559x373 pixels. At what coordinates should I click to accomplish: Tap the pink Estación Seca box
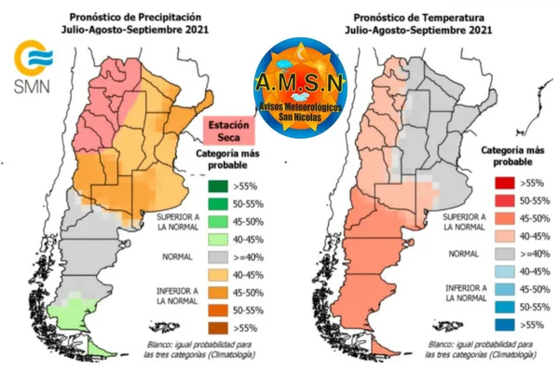pyautogui.click(x=228, y=131)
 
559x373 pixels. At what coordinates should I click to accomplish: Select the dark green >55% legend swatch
pyautogui.click(x=218, y=186)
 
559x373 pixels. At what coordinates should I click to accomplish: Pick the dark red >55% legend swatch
pyautogui.click(x=505, y=183)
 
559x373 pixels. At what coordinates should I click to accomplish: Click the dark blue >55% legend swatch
pyautogui.click(x=505, y=325)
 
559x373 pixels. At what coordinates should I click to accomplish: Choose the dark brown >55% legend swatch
pyautogui.click(x=218, y=328)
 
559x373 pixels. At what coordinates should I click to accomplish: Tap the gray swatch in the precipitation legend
pyautogui.click(x=218, y=257)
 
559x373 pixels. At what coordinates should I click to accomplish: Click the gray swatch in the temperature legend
pyautogui.click(x=505, y=254)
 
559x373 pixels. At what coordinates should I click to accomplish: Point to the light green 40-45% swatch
pyautogui.click(x=218, y=240)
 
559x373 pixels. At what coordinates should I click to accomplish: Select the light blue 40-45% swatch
pyautogui.click(x=505, y=271)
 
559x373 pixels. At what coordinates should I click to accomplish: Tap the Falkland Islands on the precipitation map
pyautogui.click(x=164, y=327)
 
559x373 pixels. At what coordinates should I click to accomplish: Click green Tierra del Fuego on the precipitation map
pyautogui.click(x=97, y=348)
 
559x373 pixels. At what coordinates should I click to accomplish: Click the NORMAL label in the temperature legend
pyautogui.click(x=463, y=254)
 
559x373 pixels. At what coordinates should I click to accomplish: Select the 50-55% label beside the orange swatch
pyautogui.click(x=249, y=311)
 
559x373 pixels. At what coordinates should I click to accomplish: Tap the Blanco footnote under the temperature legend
pyautogui.click(x=480, y=350)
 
